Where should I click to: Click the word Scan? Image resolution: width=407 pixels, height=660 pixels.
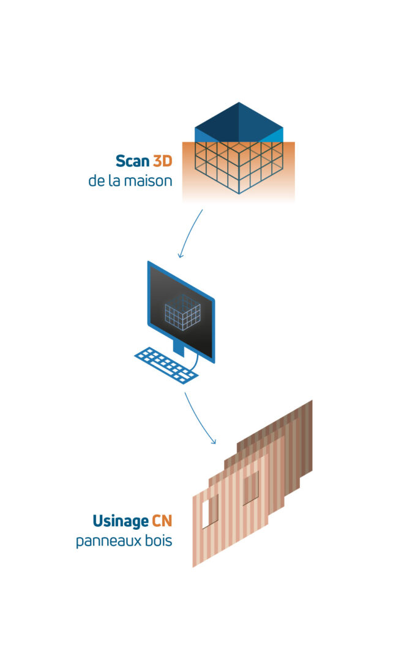(132, 161)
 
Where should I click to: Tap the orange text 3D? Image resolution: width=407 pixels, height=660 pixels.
(162, 161)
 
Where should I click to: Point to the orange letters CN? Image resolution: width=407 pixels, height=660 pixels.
(162, 521)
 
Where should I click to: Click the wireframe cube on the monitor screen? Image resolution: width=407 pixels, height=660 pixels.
(183, 312)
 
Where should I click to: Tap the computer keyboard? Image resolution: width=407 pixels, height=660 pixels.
(165, 364)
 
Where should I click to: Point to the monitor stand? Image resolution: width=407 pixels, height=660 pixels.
(178, 348)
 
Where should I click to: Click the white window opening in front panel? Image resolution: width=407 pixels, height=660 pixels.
(210, 510)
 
